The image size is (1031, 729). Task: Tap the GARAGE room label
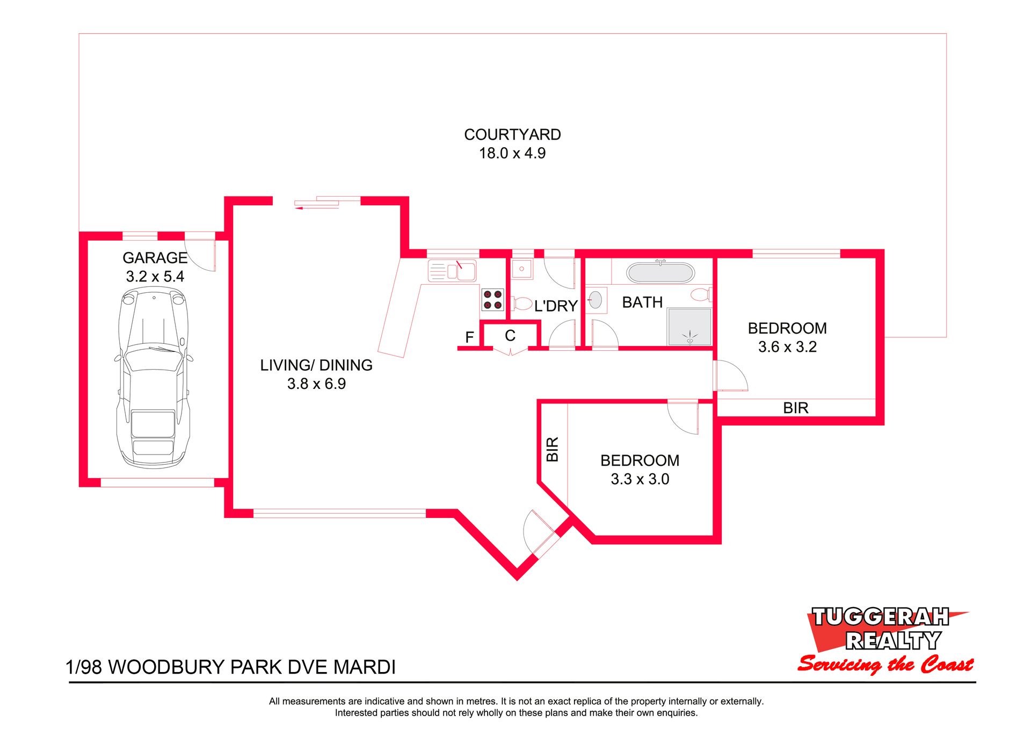point(155,258)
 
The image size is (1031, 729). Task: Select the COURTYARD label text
point(512,134)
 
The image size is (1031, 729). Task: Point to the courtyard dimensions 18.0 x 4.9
point(512,153)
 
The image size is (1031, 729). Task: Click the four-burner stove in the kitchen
point(492,300)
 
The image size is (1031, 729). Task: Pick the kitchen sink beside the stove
point(452,271)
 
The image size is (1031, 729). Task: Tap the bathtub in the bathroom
point(660,272)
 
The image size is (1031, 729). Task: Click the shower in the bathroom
point(689,327)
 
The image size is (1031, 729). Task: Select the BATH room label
point(642,302)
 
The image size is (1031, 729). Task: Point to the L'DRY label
point(556,306)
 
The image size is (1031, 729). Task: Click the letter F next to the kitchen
point(469,337)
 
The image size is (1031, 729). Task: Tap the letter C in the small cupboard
point(510,336)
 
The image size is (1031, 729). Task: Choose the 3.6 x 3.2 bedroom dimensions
point(787,347)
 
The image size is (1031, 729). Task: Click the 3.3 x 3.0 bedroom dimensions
point(640,479)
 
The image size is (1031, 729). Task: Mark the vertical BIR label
point(553,449)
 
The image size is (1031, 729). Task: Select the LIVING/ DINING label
point(316,365)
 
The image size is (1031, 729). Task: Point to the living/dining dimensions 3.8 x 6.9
point(316,384)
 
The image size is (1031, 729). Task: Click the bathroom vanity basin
point(596,300)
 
